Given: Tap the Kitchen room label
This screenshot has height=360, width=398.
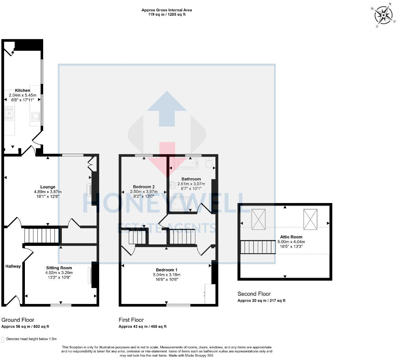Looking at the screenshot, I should pos(22,90).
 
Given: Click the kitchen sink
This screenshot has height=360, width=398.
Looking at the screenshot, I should pos(35,117).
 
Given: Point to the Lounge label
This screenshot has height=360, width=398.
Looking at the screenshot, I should pos(48,187).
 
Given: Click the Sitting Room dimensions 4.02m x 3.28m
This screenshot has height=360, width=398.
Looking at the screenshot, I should pos(59,273).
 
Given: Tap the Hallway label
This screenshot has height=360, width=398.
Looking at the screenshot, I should pos(13,266).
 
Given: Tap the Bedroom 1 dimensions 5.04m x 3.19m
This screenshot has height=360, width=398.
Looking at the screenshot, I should pos(166,275).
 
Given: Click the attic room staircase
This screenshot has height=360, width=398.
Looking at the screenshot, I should pos(258,247).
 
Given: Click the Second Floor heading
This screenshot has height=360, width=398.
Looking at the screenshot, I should pos(254,294).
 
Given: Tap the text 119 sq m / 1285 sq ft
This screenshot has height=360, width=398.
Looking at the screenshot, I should pos(166,15).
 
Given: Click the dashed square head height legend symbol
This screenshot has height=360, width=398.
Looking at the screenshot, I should pos(3,339).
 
